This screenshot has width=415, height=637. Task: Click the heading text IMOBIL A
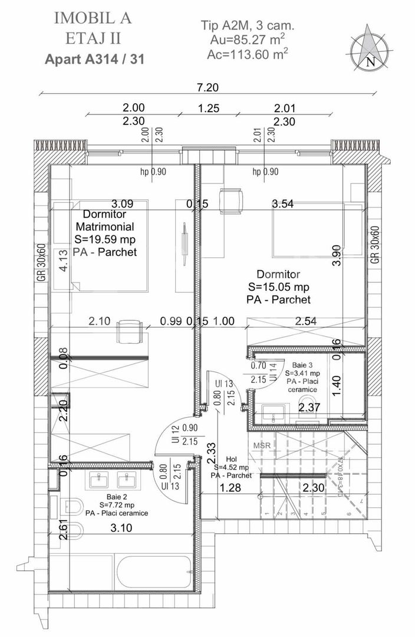tap(93, 18)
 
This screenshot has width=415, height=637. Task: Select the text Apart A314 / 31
tap(94, 60)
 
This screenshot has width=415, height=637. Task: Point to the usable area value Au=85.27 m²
tap(248, 40)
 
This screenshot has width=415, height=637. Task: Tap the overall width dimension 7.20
tap(207, 87)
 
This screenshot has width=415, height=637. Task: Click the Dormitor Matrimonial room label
tap(105, 221)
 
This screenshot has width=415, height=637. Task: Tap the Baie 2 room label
tap(116, 497)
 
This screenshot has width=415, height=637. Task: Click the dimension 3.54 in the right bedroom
tap(283, 204)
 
